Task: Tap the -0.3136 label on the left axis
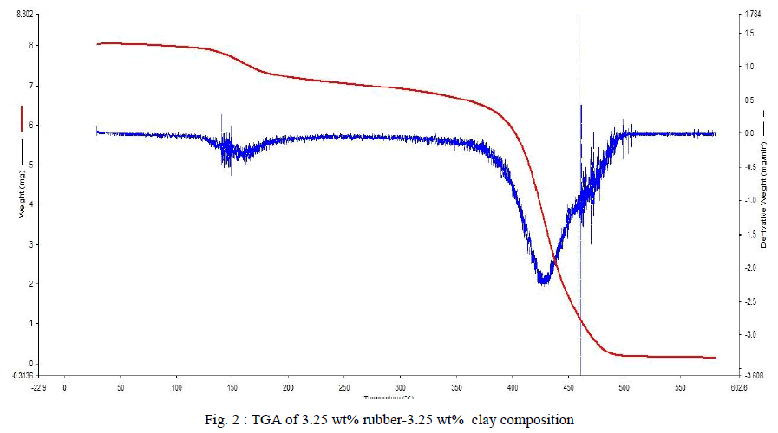(x=22, y=375)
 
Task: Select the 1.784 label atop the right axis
(x=747, y=15)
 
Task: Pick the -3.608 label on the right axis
(x=749, y=375)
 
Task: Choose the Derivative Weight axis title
(x=763, y=199)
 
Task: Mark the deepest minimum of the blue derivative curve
(x=543, y=281)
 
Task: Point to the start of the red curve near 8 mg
(x=98, y=43)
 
